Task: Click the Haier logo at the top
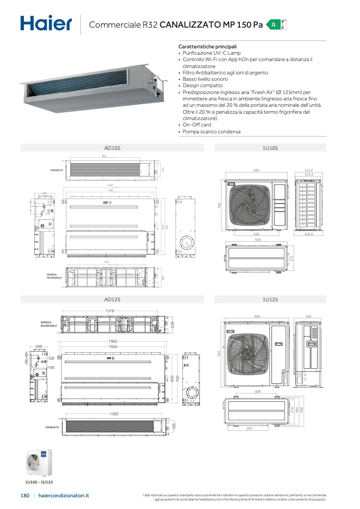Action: [x=46, y=24]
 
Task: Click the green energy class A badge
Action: [x=273, y=25]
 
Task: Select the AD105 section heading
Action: [x=112, y=148]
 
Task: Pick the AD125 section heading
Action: [x=112, y=300]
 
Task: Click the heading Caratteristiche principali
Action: [x=207, y=47]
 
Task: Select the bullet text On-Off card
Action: [x=197, y=125]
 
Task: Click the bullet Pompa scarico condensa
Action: [x=211, y=132]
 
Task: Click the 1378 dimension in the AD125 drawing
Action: [x=110, y=311]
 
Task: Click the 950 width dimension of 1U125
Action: [x=257, y=316]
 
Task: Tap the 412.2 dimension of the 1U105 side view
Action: [x=307, y=170]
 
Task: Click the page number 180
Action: [x=24, y=495]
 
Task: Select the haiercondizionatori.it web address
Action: [x=64, y=495]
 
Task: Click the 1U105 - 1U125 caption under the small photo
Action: [x=39, y=481]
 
